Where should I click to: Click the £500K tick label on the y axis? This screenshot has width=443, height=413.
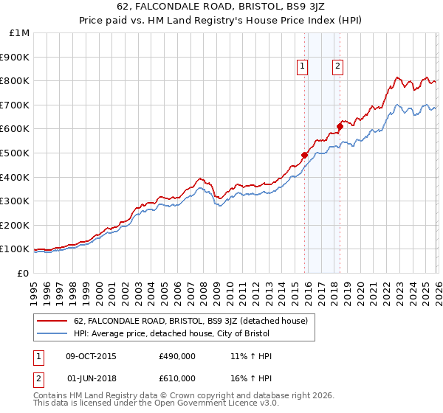[15, 153]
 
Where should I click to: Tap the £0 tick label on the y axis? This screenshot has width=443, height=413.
[24, 273]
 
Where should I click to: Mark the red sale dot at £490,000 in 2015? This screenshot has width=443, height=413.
[304, 155]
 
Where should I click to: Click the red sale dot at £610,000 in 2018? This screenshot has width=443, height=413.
[340, 126]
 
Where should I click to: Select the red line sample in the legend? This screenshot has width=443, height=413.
[52, 321]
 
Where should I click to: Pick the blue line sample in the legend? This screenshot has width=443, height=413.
[52, 334]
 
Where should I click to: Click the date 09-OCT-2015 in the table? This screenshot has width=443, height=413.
[92, 356]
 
